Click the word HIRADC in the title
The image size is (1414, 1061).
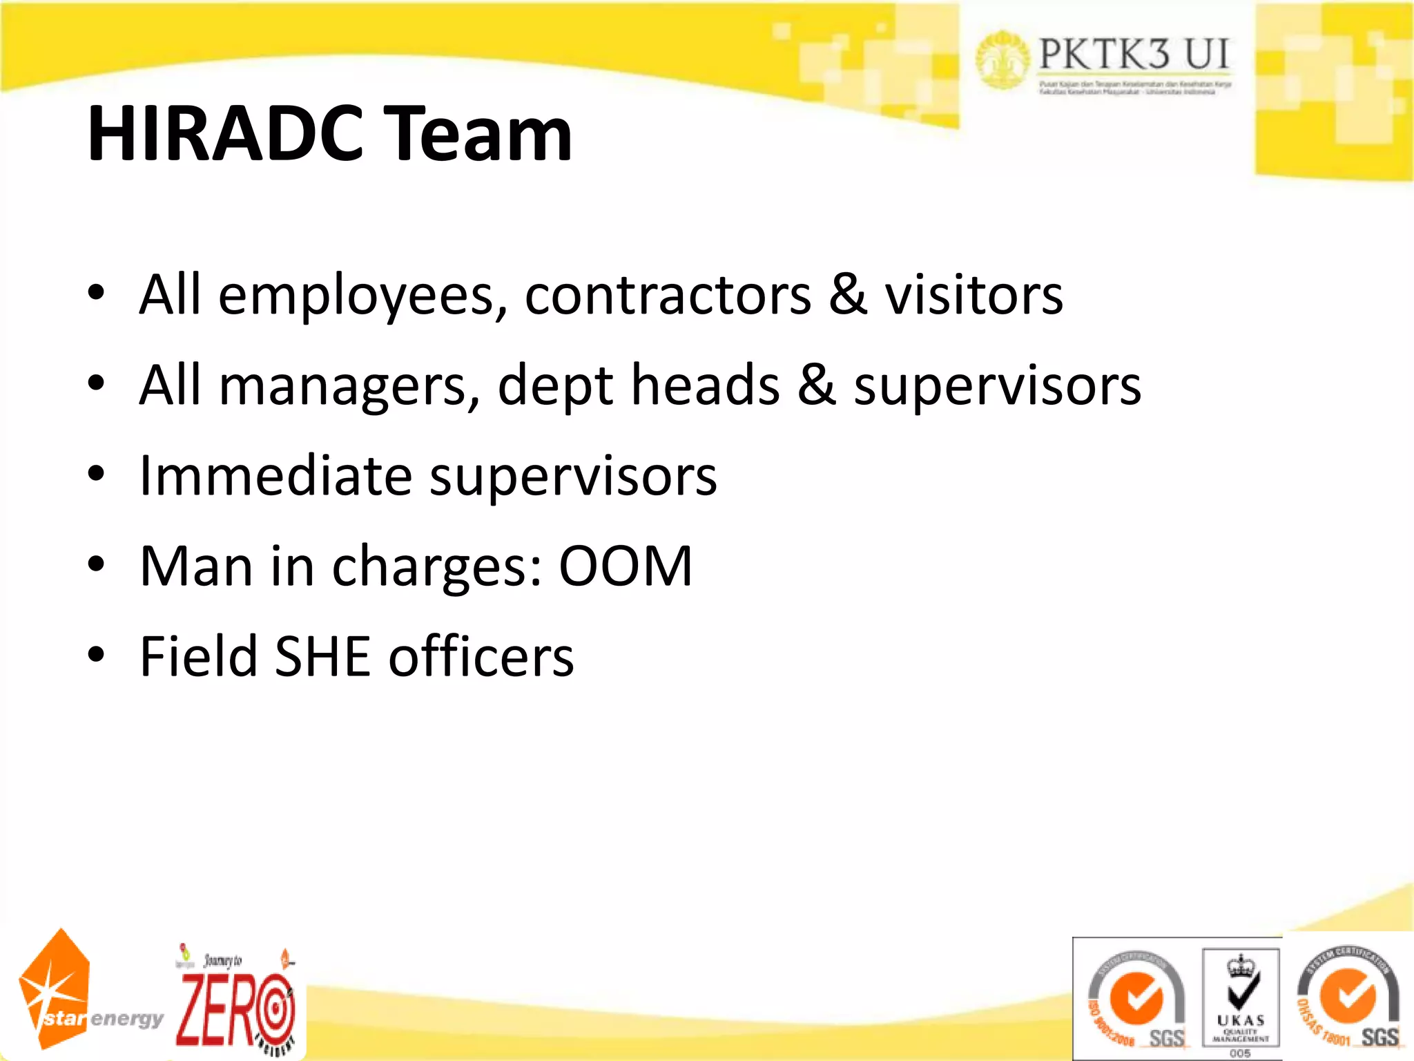pyautogui.click(x=225, y=134)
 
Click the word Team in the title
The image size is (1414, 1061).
pyautogui.click(x=477, y=134)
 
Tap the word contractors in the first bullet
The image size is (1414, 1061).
pyautogui.click(x=668, y=296)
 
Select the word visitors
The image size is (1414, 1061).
pyautogui.click(x=974, y=296)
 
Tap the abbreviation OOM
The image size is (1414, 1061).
pyautogui.click(x=625, y=566)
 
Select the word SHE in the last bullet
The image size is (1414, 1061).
pyautogui.click(x=323, y=656)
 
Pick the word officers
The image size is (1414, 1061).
pyautogui.click(x=481, y=656)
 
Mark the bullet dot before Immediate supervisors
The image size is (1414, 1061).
pyautogui.click(x=96, y=475)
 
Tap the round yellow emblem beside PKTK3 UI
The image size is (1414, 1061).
pyautogui.click(x=1003, y=59)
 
